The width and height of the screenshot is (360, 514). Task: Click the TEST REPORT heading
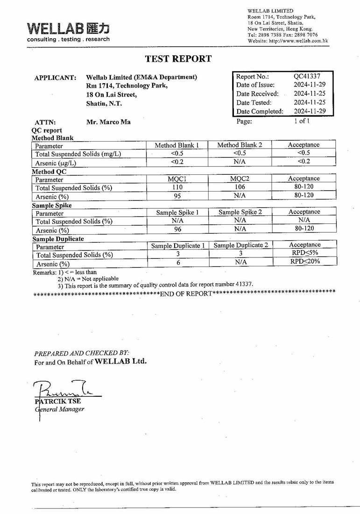click(x=178, y=59)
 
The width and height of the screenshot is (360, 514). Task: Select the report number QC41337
click(x=307, y=76)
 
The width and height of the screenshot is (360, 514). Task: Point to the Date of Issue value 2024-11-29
click(x=310, y=85)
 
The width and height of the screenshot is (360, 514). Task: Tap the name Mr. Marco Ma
click(x=108, y=122)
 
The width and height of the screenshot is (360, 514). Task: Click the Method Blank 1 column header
click(x=176, y=145)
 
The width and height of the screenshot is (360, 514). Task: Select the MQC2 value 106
click(x=240, y=187)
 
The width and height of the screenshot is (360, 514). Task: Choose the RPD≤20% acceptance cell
click(x=305, y=262)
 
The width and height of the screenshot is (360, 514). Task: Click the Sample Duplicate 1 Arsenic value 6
click(x=177, y=263)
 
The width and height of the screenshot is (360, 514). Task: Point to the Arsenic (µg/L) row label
click(x=56, y=163)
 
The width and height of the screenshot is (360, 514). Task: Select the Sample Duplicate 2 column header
click(x=241, y=245)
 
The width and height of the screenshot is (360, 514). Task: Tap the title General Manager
click(x=60, y=409)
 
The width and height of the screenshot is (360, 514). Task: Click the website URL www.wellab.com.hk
click(x=298, y=41)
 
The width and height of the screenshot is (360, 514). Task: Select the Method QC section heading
click(x=49, y=171)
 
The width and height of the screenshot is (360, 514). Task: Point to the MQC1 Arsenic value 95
click(x=177, y=196)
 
